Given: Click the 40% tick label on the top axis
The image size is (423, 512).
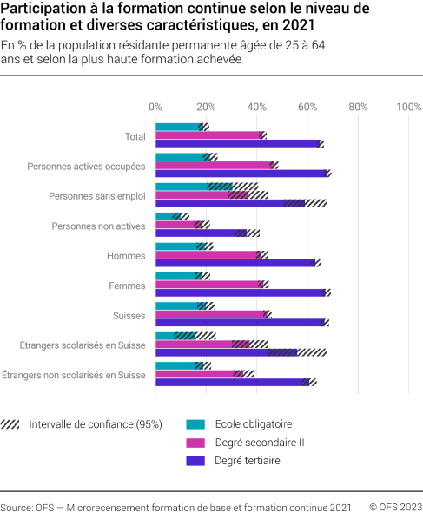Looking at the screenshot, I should [x=257, y=107].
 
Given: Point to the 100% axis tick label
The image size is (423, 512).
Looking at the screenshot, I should [x=408, y=107].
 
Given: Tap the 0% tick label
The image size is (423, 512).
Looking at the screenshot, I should [x=156, y=107].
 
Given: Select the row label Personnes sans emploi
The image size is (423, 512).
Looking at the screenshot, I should [x=97, y=195].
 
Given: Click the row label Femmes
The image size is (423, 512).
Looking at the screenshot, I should [x=126, y=285].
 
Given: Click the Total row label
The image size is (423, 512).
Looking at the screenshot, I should [x=135, y=136].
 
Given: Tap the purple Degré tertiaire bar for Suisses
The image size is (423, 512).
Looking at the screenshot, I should [x=240, y=323].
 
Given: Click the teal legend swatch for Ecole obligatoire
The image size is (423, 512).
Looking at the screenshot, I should [x=196, y=424].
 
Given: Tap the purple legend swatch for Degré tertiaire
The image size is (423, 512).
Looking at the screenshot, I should [x=196, y=461].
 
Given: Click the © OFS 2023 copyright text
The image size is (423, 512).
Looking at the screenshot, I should [x=395, y=506].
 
